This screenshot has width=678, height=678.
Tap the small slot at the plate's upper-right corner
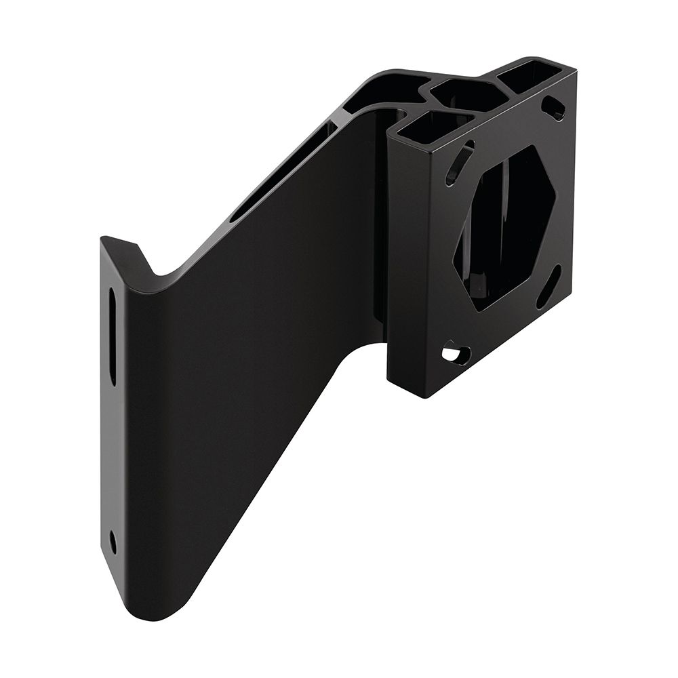coord(555,108)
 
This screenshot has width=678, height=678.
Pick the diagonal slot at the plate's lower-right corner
coord(548,287)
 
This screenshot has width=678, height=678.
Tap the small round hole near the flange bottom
coord(113,541)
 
